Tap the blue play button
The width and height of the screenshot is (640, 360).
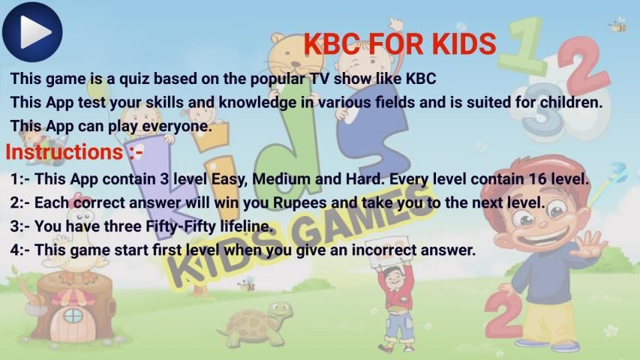click(x=32, y=31)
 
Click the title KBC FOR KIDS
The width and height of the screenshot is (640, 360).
click(x=400, y=44)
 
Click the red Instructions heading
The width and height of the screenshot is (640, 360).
click(x=74, y=151)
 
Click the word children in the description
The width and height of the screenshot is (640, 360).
click(x=572, y=102)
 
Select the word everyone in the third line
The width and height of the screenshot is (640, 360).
click(x=177, y=126)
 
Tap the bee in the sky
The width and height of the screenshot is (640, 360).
click(x=618, y=25)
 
